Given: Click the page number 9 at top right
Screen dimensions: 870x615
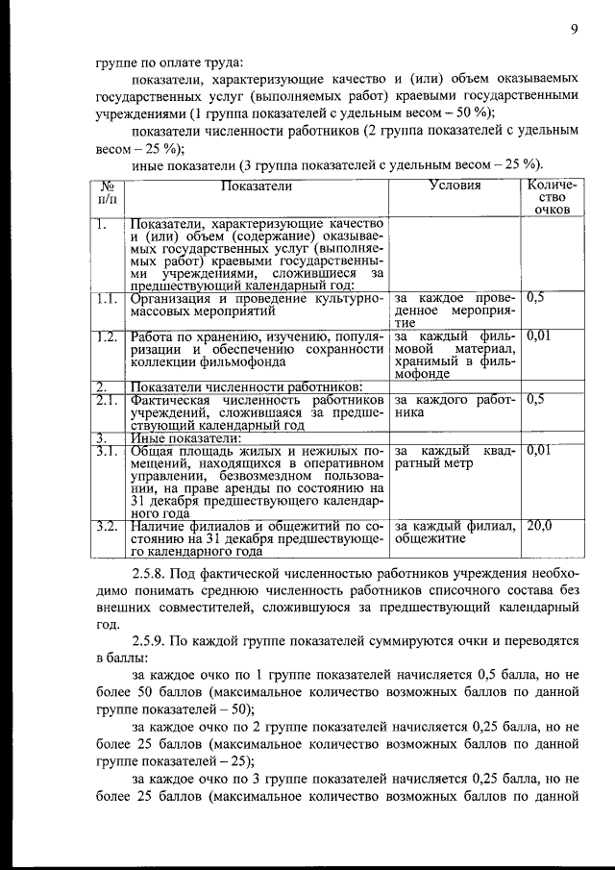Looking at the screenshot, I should [x=573, y=30].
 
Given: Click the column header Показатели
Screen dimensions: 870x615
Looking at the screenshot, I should [x=259, y=185].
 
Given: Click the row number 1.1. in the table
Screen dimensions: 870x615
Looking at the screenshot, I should [x=108, y=299].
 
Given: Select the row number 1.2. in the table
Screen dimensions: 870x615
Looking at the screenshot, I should [x=108, y=336].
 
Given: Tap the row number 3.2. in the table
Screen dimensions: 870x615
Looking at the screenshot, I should [x=108, y=526].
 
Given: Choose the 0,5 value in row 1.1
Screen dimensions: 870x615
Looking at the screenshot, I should [x=536, y=299].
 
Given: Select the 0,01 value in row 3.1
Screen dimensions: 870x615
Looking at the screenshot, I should [x=539, y=450].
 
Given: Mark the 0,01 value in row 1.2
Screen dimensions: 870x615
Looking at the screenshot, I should [x=539, y=336].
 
